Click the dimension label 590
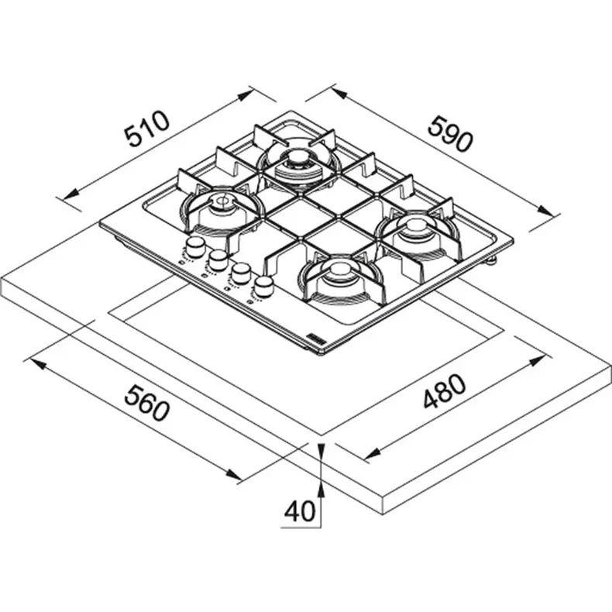(x=450, y=132)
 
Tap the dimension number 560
(x=147, y=403)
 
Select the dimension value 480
(x=445, y=391)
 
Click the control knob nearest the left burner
(x=194, y=246)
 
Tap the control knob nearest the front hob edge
(x=263, y=287)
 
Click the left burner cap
(x=223, y=201)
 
